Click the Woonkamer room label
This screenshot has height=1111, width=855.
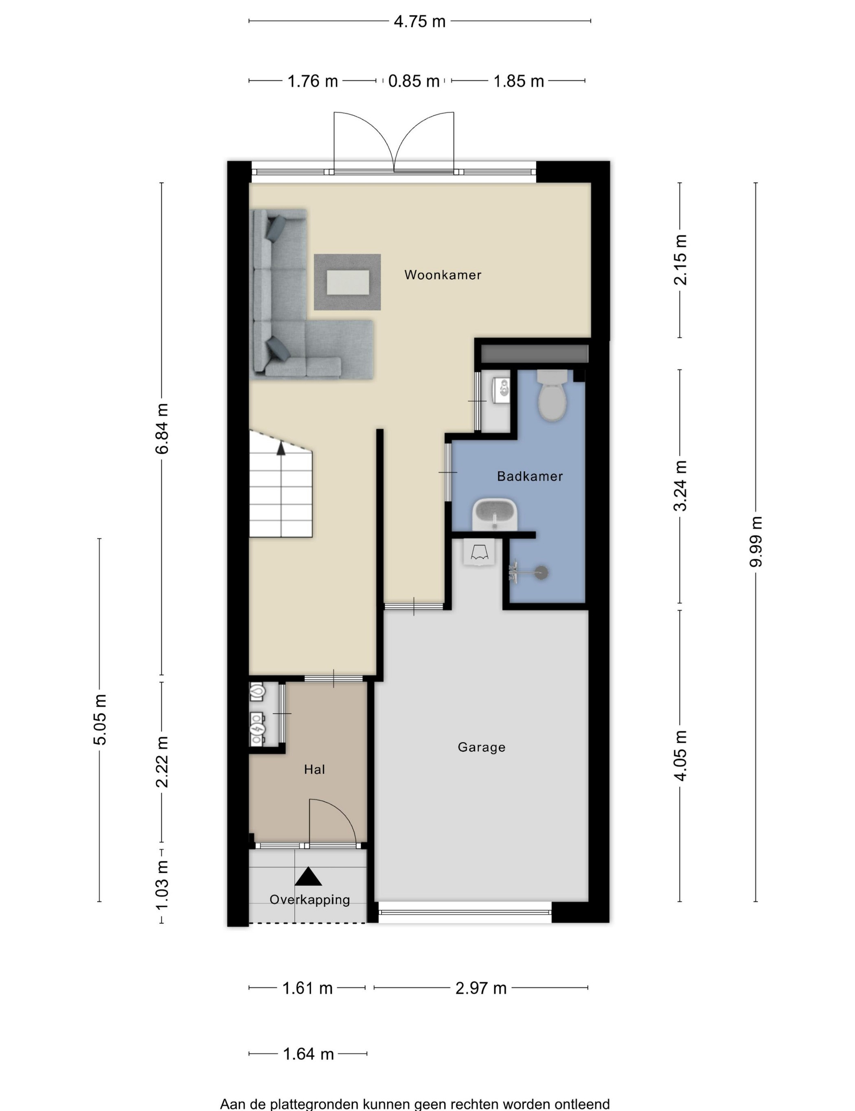[443, 275]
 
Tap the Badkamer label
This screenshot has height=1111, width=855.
[529, 476]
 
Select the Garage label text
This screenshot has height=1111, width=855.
[481, 747]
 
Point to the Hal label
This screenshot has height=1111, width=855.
[314, 769]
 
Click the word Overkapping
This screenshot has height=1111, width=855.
[310, 899]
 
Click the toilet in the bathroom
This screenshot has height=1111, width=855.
[552, 395]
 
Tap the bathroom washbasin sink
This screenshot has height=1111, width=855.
[495, 514]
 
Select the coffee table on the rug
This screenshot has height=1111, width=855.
[348, 282]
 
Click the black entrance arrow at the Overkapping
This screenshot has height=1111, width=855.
[308, 876]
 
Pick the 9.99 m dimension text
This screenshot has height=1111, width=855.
[756, 541]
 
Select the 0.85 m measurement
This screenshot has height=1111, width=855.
[414, 81]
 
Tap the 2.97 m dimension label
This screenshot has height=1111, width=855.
[481, 988]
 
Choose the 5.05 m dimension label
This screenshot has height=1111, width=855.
[100, 719]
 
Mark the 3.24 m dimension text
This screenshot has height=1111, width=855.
[680, 485]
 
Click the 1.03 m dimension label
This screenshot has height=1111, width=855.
[162, 886]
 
